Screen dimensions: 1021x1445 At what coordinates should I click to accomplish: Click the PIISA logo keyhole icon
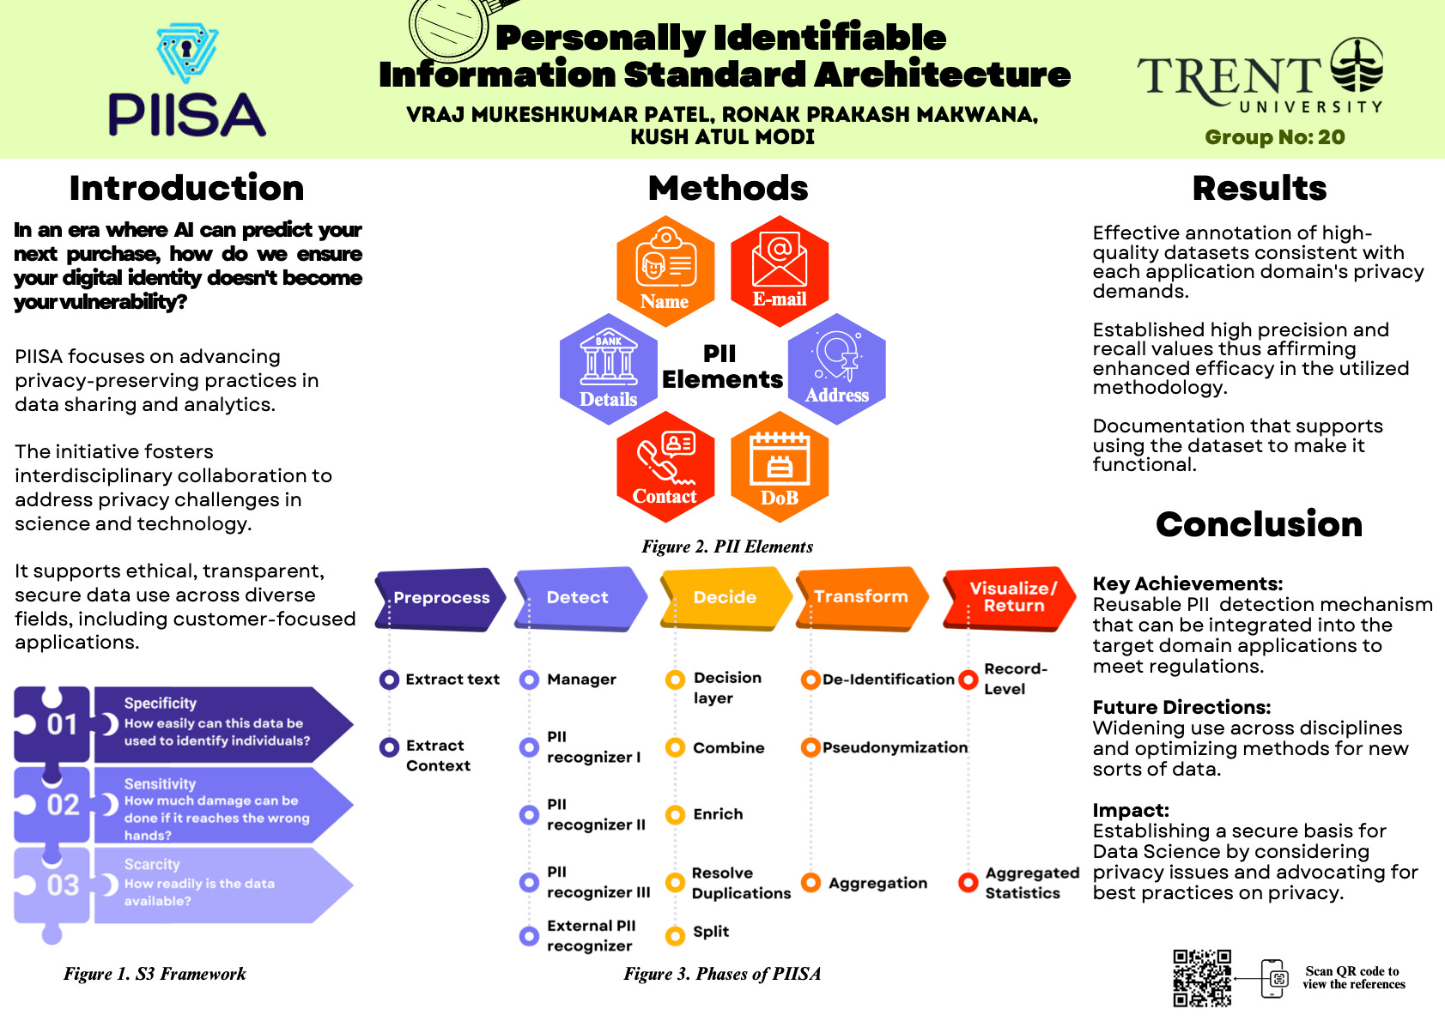tap(187, 53)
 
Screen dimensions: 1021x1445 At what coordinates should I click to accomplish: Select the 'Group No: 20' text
tap(1274, 137)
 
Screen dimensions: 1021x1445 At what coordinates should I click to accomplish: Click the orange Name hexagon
tap(665, 271)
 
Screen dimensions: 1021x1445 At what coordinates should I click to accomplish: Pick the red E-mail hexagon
tap(780, 271)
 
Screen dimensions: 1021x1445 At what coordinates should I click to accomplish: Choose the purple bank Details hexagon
tap(608, 369)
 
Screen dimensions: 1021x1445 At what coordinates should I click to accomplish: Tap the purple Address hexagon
tap(837, 369)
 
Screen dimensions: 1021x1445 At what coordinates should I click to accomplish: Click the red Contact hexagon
tap(665, 468)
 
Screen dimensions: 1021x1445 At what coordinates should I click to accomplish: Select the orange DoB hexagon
tap(780, 468)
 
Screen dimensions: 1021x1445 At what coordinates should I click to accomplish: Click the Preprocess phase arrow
tap(440, 599)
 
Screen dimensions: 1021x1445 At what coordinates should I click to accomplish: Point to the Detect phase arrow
tap(580, 598)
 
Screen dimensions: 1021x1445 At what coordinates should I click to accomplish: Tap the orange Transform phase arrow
tap(862, 597)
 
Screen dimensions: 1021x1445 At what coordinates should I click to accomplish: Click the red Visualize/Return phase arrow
tap(1010, 597)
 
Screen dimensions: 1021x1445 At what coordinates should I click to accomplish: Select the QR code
tap(1202, 977)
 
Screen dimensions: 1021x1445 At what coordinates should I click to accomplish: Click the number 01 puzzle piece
tap(53, 725)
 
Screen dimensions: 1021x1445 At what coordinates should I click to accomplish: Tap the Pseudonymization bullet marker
tap(810, 747)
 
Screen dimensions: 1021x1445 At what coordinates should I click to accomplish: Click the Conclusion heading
tap(1259, 524)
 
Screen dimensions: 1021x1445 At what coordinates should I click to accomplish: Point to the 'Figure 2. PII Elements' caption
tap(727, 547)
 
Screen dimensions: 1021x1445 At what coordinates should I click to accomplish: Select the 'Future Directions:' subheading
tap(1181, 707)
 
